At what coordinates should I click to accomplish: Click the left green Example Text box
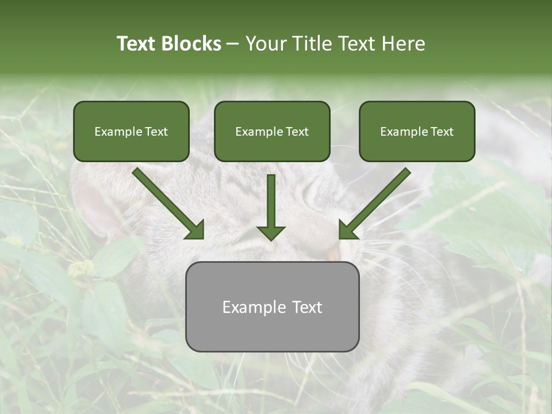click(x=131, y=132)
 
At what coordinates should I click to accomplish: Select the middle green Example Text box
click(x=272, y=132)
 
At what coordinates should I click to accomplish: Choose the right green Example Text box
click(x=417, y=132)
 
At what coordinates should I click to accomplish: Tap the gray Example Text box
click(x=272, y=306)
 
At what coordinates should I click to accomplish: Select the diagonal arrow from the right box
click(x=379, y=199)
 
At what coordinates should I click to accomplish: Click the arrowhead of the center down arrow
click(x=271, y=232)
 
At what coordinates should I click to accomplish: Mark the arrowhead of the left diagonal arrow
click(x=195, y=231)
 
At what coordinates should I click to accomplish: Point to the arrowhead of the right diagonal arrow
click(x=347, y=231)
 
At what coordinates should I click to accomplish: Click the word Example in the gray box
click(x=254, y=307)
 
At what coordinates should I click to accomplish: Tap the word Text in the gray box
click(x=307, y=307)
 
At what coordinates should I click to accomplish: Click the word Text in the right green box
click(x=442, y=132)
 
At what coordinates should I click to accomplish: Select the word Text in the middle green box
click(x=297, y=132)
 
